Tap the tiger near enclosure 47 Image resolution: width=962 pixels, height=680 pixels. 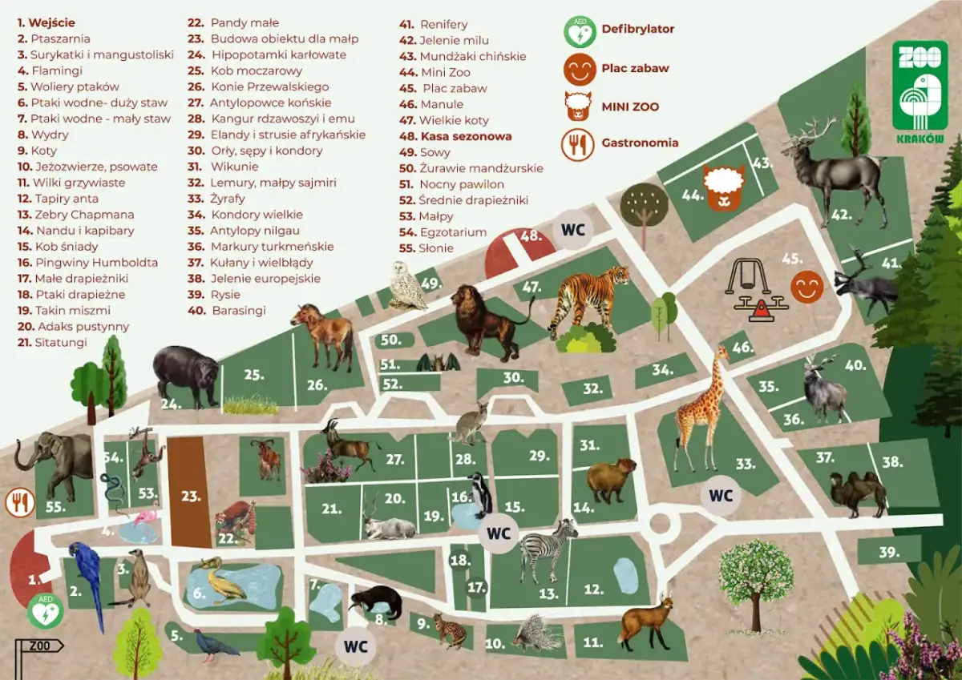[589, 296]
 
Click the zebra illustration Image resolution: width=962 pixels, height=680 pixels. [548, 549]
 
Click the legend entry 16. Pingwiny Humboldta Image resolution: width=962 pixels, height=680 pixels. [87, 263]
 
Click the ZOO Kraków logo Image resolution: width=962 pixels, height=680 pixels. [919, 92]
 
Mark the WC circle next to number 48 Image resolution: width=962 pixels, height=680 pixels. [572, 230]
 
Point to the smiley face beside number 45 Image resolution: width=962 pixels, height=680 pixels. [806, 287]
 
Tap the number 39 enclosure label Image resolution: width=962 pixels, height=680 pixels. [888, 552]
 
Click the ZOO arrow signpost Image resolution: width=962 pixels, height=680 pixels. [39, 646]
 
